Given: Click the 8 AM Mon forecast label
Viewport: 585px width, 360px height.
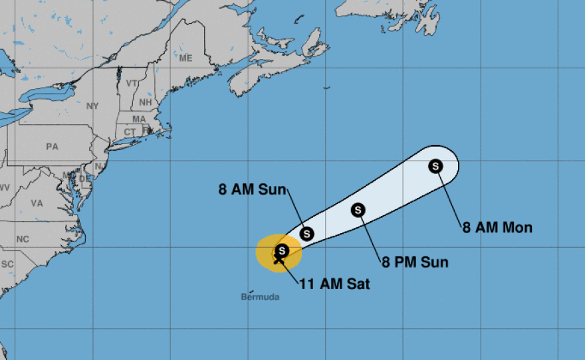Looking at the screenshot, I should [x=497, y=228].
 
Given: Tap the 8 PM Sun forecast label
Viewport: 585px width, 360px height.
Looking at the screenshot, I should [x=415, y=262].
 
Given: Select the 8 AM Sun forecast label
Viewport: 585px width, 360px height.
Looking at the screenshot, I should [x=253, y=189].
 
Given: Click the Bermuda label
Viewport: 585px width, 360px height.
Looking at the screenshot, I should [x=260, y=297].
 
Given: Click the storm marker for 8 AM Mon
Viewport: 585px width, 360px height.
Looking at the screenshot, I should [x=435, y=166].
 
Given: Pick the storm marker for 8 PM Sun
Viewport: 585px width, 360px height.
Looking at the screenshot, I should [x=358, y=210].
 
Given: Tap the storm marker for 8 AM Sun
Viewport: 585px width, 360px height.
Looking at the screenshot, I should [x=306, y=234].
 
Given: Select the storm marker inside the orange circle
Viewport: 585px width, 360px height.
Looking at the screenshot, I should [x=282, y=251].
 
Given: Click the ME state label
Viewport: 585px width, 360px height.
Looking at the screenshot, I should [x=185, y=58].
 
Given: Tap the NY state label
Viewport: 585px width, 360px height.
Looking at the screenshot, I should [x=92, y=106].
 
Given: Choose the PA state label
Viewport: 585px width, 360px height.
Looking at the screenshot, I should [x=53, y=147].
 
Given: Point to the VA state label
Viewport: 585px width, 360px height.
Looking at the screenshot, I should [x=37, y=203].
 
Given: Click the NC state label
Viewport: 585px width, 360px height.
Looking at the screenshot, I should [x=23, y=239].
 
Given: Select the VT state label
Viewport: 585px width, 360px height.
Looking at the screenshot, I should [x=132, y=84].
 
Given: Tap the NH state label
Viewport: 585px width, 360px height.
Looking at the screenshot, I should [x=144, y=103].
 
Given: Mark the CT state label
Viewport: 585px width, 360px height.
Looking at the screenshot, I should [x=128, y=132].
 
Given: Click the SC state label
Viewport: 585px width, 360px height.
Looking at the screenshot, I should [x=7, y=264].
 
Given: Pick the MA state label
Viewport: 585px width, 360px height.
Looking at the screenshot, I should [x=139, y=120].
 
